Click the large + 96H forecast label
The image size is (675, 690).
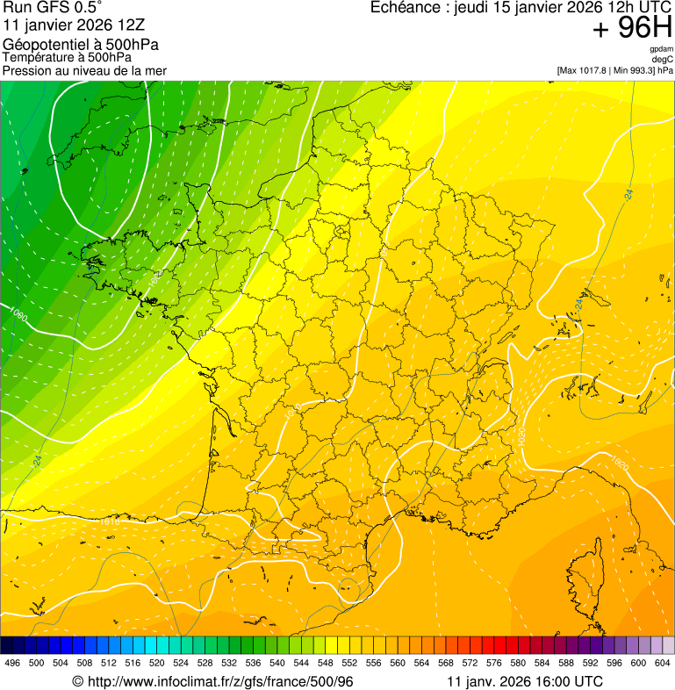[633, 28]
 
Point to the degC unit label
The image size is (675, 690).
[663, 59]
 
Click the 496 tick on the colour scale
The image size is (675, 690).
[12, 663]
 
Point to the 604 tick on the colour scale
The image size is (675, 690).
[662, 663]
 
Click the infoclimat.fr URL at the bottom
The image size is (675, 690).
[219, 681]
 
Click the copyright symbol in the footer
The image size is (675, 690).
[77, 681]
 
